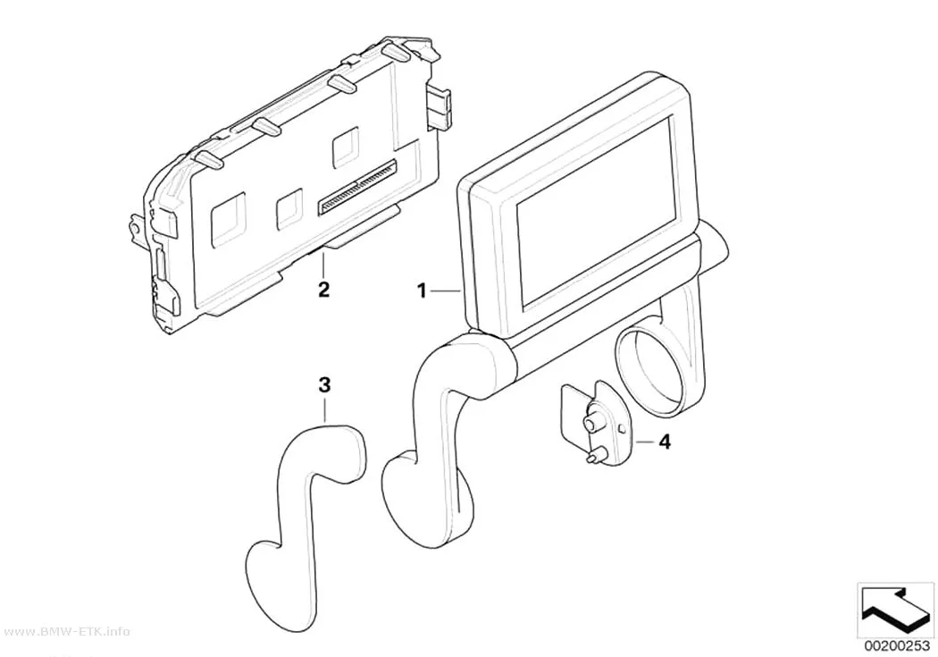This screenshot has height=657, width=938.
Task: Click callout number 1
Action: pyautogui.click(x=422, y=291)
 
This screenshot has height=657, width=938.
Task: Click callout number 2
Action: pyautogui.click(x=323, y=291)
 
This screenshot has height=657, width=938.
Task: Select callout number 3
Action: pyautogui.click(x=324, y=386)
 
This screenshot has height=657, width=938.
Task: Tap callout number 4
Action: pyautogui.click(x=664, y=442)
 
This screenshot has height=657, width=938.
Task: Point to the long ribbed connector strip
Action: pyautogui.click(x=357, y=187)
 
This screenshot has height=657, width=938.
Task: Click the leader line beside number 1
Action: pyautogui.click(x=446, y=291)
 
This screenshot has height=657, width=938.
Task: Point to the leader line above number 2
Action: pyautogui.click(x=323, y=265)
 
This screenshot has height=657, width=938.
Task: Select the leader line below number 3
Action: pyautogui.click(x=325, y=411)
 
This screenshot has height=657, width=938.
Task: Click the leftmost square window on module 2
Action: pyautogui.click(x=228, y=218)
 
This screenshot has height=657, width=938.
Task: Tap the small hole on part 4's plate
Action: pyautogui.click(x=622, y=429)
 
